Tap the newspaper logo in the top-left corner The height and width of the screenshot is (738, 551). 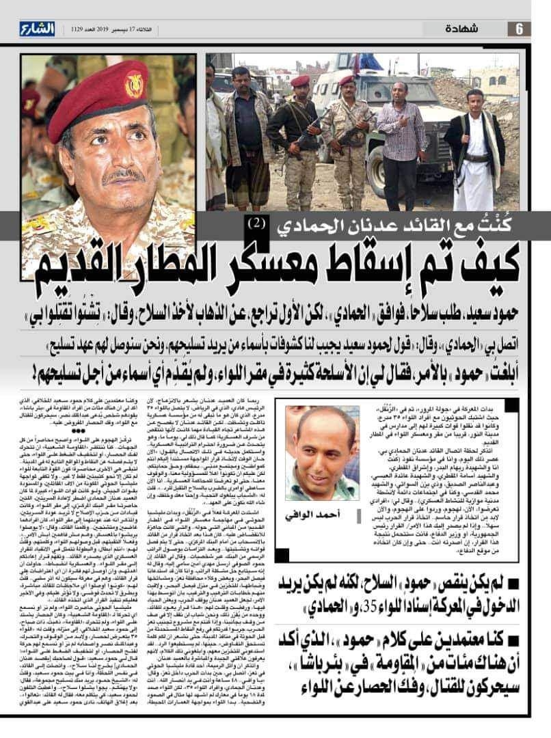(x=36, y=29)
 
